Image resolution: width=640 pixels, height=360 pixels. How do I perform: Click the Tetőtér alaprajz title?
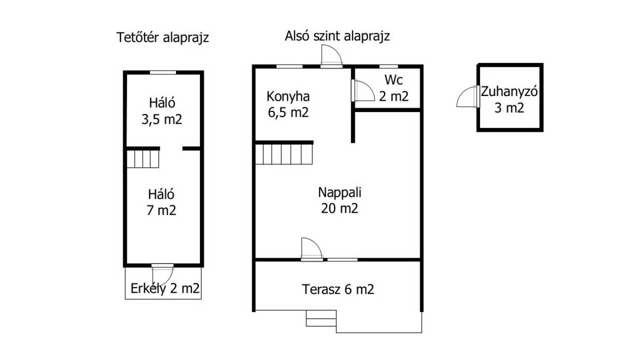pos(163,38)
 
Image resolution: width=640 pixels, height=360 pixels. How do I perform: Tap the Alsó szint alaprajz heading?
pos(337,36)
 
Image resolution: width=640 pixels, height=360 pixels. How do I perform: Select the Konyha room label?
pos(288,97)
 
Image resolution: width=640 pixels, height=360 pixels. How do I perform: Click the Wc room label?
pos(394,79)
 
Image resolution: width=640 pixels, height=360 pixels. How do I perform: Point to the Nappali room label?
pos(339,193)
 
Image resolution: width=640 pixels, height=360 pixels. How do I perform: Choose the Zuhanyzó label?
pos(509,92)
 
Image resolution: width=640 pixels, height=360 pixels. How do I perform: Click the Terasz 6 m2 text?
pos(338,289)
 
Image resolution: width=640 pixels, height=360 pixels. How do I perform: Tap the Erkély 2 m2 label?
pos(165,289)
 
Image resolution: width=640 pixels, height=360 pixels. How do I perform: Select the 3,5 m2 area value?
pos(162,119)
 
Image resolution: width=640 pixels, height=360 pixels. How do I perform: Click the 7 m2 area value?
pos(161,210)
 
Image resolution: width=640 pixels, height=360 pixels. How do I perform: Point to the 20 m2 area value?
pos(339,209)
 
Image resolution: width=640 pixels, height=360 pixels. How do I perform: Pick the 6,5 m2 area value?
pos(288,113)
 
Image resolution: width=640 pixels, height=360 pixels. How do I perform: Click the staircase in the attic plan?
pos(142,158)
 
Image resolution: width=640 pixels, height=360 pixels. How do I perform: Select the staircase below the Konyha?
pos(284,154)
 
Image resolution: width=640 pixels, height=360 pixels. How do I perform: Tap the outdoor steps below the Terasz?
pos(321,318)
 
